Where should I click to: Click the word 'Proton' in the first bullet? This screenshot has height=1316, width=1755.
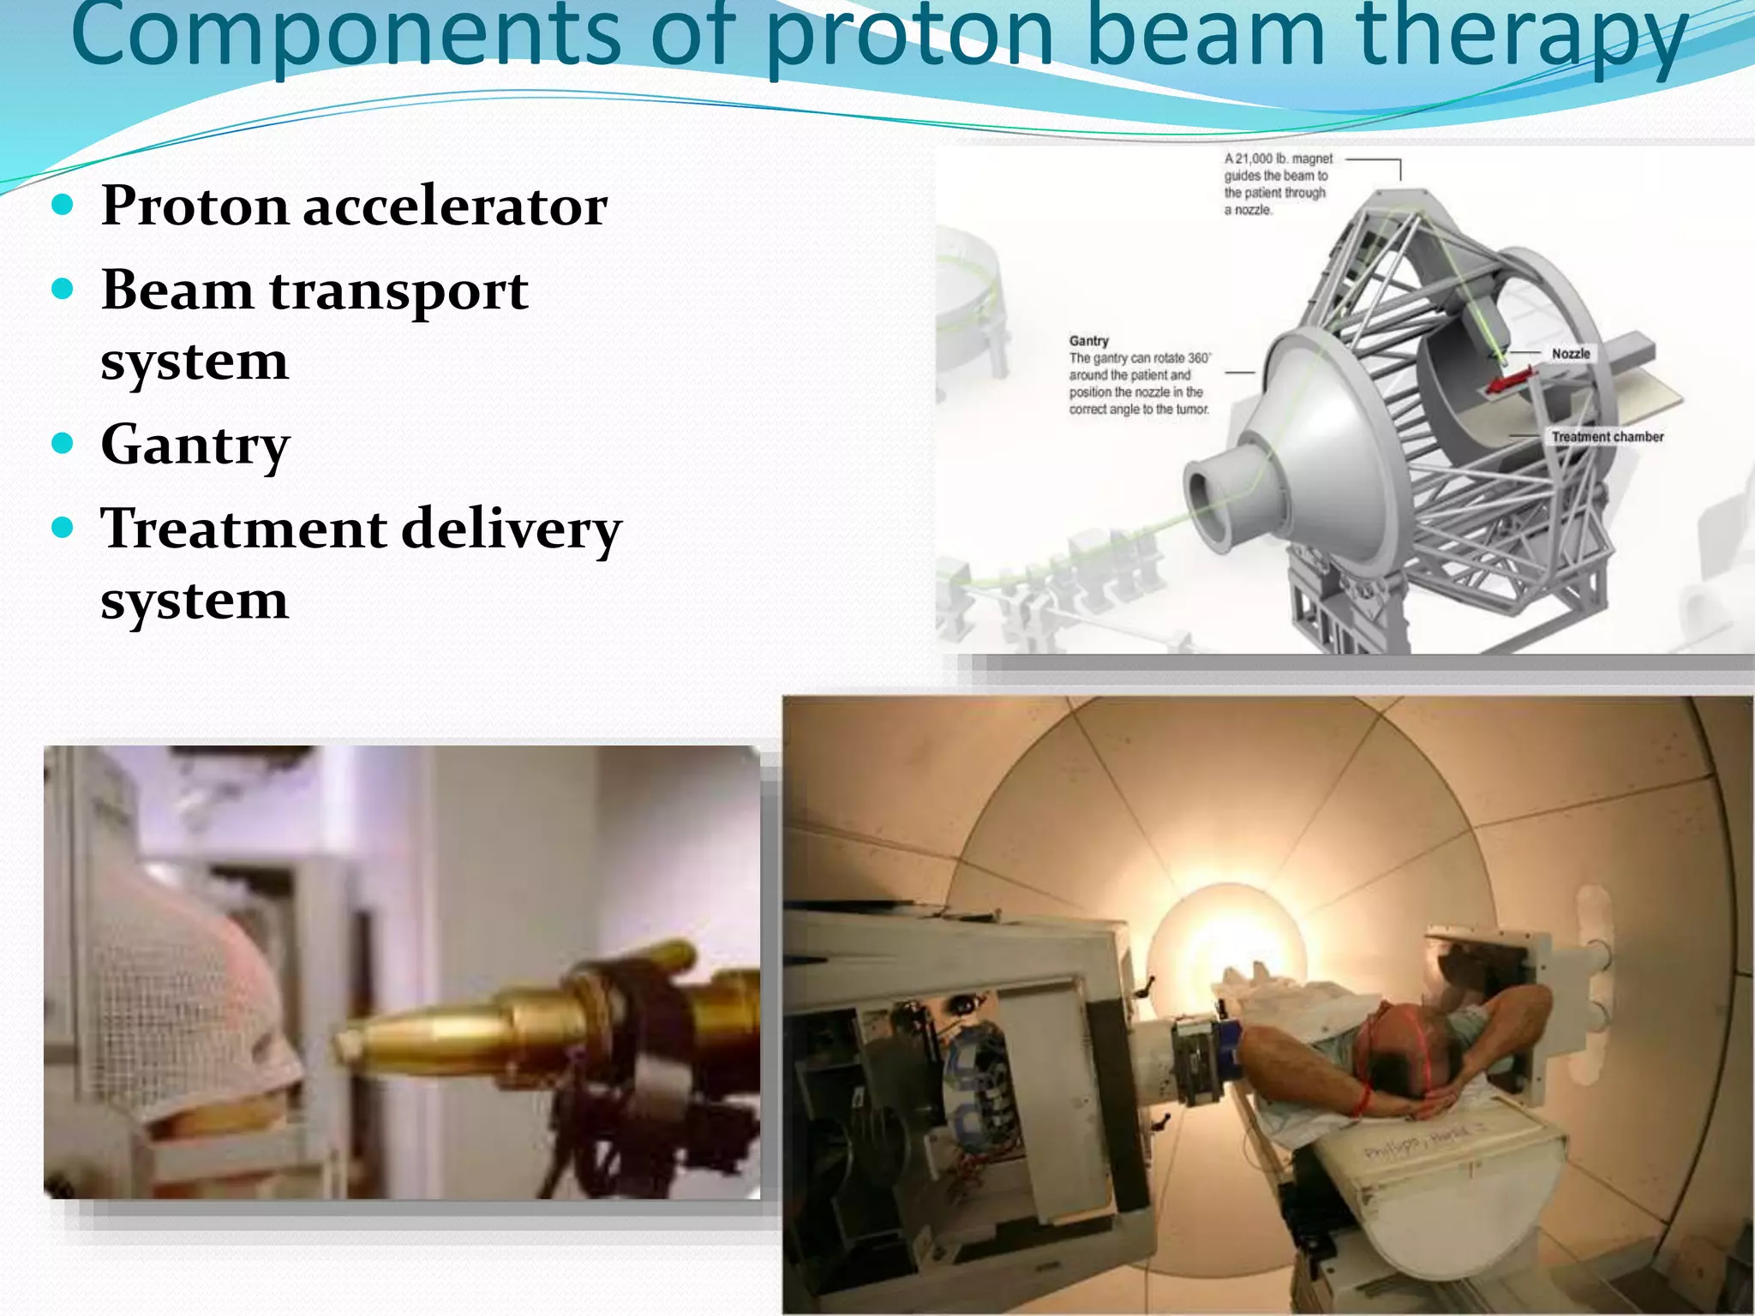click(x=194, y=206)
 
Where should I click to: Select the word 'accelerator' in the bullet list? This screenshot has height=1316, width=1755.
click(x=455, y=206)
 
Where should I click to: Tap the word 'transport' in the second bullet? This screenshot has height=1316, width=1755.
click(x=398, y=290)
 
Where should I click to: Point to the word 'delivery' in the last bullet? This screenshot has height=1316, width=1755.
click(x=511, y=529)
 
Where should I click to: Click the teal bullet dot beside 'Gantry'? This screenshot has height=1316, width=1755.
click(x=63, y=443)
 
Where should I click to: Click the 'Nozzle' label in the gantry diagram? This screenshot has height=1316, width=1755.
click(x=1570, y=354)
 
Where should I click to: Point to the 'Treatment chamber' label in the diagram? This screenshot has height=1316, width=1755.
click(x=1607, y=437)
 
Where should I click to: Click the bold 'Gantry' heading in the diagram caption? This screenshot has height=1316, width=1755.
click(x=1088, y=341)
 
